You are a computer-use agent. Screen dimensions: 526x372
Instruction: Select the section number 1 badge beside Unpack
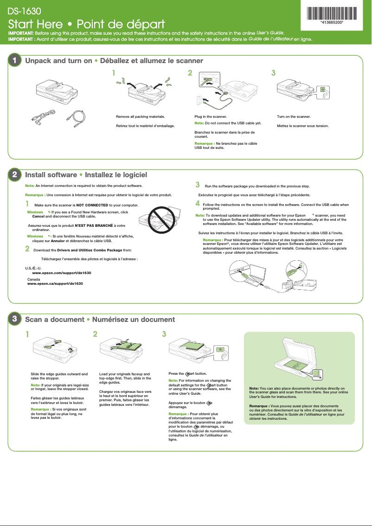tap(15, 61)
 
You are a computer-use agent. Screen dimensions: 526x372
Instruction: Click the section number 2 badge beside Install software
tap(15, 175)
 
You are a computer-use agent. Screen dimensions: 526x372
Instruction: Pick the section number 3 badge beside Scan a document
tap(15, 319)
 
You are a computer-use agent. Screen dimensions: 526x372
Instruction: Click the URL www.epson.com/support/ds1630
tap(61, 273)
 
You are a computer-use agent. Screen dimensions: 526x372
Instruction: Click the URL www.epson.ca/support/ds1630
tap(55, 283)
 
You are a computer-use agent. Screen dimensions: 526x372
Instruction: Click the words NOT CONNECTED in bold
tap(92, 205)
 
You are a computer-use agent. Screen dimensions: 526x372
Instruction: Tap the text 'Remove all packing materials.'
tap(140, 117)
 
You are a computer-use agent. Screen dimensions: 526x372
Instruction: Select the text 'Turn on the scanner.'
tap(294, 117)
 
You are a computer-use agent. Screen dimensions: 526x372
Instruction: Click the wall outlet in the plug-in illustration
tap(200, 100)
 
